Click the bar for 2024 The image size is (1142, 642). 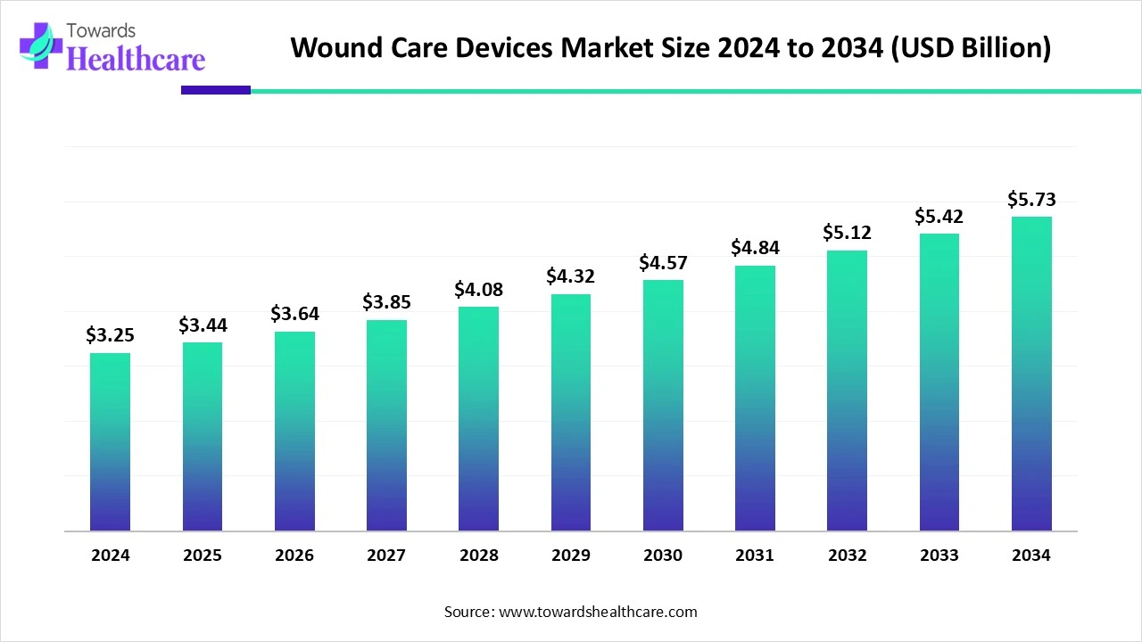click(110, 442)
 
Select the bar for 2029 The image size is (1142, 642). click(571, 412)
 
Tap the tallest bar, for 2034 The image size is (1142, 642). click(1031, 374)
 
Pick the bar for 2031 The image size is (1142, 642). click(755, 398)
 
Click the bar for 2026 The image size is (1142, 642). click(294, 432)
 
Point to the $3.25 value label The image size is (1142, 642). click(110, 335)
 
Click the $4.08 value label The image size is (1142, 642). click(478, 289)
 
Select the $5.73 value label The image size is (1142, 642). click(1031, 199)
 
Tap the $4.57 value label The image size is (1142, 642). click(663, 262)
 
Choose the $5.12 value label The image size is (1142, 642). click(847, 233)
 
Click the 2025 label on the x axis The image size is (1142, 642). click(203, 556)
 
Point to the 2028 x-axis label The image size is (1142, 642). click(478, 556)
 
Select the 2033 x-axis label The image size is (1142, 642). click(939, 556)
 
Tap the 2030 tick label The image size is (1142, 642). click(663, 556)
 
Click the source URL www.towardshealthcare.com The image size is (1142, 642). click(597, 612)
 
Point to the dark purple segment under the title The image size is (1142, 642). click(215, 90)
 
